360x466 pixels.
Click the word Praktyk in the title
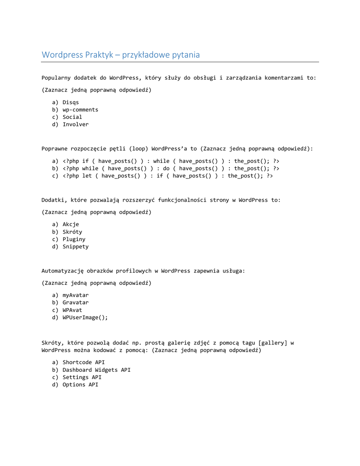point(99,55)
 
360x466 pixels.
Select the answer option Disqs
point(71,102)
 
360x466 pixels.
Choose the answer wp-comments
point(80,110)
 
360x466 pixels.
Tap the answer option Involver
point(76,124)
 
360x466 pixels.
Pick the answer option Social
point(72,117)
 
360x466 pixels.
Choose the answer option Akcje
point(71,224)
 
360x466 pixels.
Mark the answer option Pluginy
point(74,239)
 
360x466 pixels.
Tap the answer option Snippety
point(76,247)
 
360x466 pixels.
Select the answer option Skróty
point(72,232)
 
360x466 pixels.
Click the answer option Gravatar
point(76,303)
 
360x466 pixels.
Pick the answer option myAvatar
point(76,295)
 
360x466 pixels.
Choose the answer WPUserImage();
point(85,318)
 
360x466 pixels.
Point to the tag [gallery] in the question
point(273,343)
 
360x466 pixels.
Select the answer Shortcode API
point(84,362)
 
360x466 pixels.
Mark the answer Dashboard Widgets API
point(96,370)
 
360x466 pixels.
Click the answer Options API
point(80,385)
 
